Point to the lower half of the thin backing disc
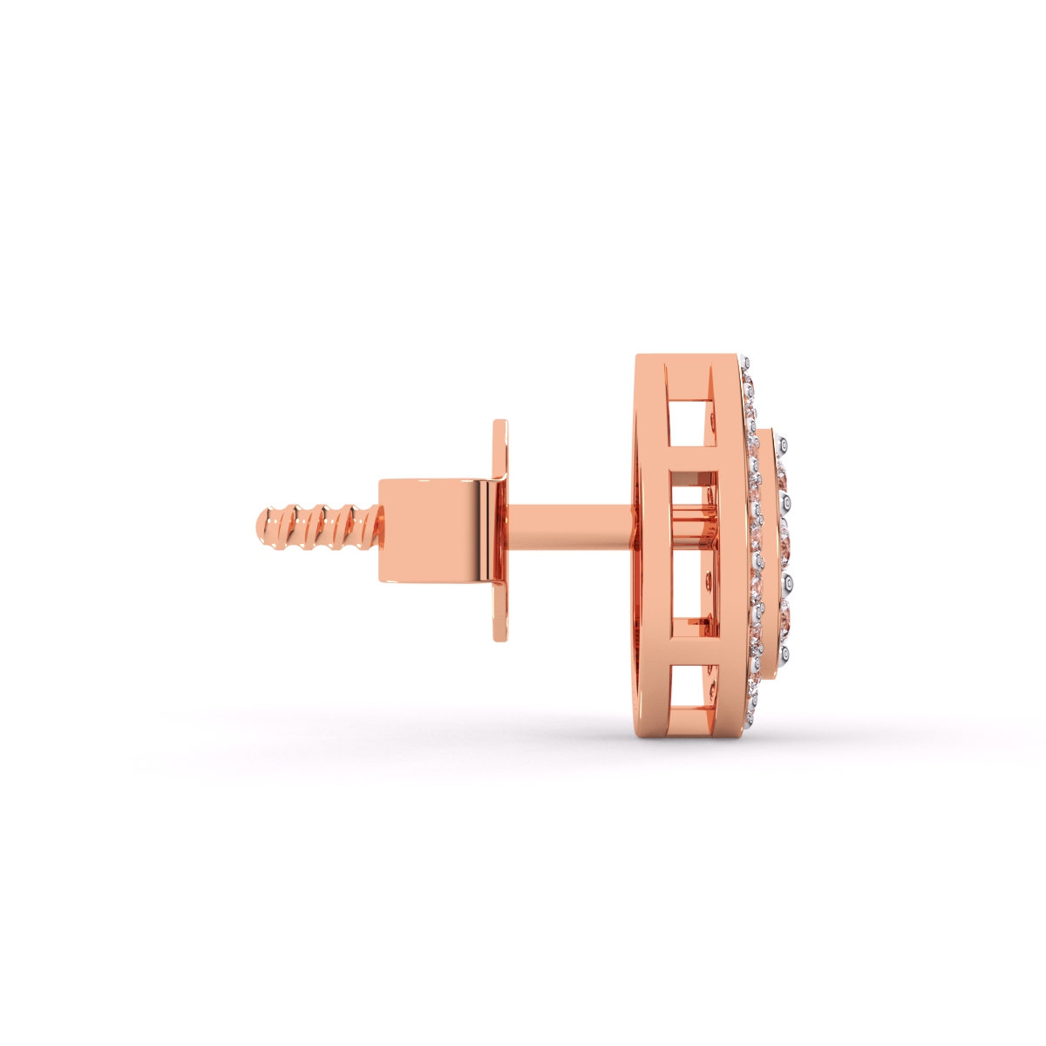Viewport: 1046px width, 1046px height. tap(499, 610)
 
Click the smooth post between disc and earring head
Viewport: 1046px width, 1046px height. tap(567, 528)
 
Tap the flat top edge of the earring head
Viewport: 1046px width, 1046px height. tap(689, 358)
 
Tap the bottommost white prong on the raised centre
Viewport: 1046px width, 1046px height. tap(787, 652)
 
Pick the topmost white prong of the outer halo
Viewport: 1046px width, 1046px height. tap(745, 363)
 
